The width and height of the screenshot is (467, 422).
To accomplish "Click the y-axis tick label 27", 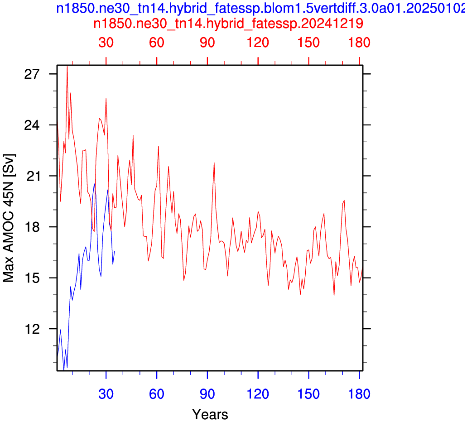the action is point(32,74).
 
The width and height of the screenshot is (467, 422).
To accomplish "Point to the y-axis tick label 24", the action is point(32,125).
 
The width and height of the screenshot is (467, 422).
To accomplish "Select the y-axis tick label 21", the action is point(32,176).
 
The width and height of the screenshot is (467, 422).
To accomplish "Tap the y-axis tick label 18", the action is point(32,227).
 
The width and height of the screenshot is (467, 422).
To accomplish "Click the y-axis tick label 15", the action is point(32,278).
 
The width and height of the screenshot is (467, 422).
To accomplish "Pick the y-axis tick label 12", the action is point(32,329).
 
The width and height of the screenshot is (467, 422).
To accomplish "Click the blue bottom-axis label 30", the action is point(106,394).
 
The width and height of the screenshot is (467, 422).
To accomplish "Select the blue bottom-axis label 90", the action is point(207,394).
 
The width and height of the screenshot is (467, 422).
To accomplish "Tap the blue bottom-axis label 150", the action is point(308,394).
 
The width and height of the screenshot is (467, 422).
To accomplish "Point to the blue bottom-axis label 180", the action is point(360,394).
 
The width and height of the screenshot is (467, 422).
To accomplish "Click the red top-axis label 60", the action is point(157,43).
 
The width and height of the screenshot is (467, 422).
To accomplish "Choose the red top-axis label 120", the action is point(258,43).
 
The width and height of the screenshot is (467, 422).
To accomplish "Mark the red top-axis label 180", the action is point(360,43).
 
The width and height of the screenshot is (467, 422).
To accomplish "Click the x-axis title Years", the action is point(210,414).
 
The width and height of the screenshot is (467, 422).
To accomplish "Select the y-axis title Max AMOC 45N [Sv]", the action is point(8,218).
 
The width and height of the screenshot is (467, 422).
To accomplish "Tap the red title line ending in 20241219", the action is point(228,23).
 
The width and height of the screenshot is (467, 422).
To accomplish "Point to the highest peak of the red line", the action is point(67,66).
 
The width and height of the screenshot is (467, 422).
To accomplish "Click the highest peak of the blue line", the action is point(94,184).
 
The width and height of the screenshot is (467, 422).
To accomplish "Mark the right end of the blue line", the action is point(114,251).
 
